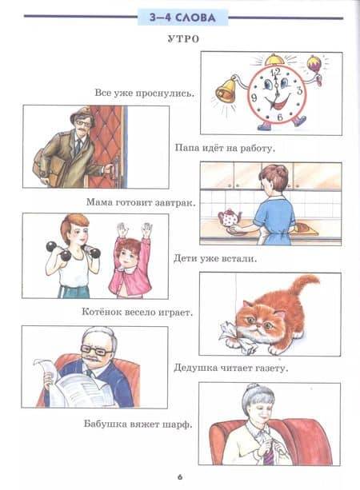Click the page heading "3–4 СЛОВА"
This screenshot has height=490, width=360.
tap(182, 18)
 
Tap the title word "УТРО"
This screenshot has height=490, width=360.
tap(183, 39)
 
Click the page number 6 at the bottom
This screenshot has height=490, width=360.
tap(180, 477)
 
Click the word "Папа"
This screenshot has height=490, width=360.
tap(187, 148)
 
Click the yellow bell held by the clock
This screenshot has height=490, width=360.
tap(226, 90)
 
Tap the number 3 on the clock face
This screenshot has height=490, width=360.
tap(300, 90)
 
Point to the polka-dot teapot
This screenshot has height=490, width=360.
tap(230, 217)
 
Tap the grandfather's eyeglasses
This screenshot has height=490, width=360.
tap(94, 349)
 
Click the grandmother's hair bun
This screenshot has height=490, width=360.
tap(253, 388)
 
